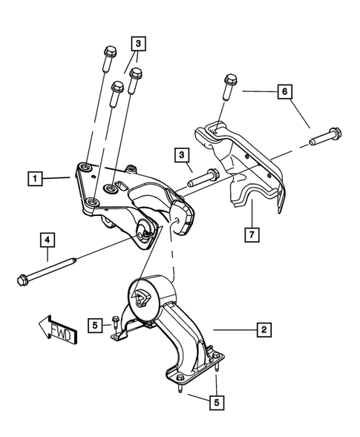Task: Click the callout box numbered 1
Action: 33,178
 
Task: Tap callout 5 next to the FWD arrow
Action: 95,324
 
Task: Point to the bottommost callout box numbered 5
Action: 216,404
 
